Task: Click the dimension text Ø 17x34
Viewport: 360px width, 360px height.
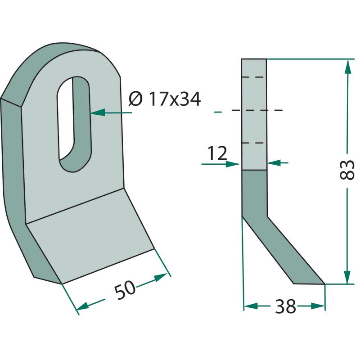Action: tap(165, 99)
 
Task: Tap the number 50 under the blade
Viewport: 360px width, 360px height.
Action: tap(125, 289)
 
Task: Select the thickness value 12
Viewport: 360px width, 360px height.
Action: tap(217, 153)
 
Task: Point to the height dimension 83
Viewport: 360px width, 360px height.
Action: tap(346, 170)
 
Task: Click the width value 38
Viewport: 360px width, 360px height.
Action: tap(285, 306)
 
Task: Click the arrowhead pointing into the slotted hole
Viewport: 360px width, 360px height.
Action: tap(98, 112)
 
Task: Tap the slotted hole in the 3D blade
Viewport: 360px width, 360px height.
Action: tap(74, 124)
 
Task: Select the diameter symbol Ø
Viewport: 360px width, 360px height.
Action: tap(135, 99)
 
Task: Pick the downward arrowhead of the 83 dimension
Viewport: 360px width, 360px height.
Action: tap(347, 277)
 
